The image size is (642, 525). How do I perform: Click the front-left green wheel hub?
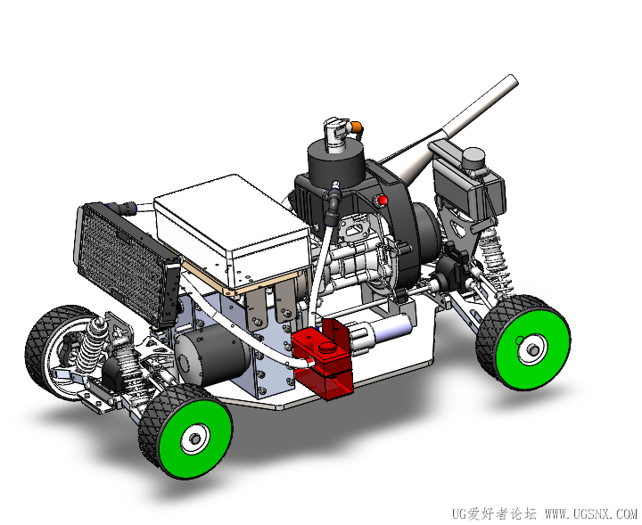tap(195, 439)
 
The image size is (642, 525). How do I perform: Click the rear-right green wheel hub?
tap(532, 349)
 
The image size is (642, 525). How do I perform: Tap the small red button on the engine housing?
tap(383, 201)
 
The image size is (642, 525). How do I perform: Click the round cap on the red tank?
tap(327, 347)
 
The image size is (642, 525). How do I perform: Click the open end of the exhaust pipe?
tap(514, 80)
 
